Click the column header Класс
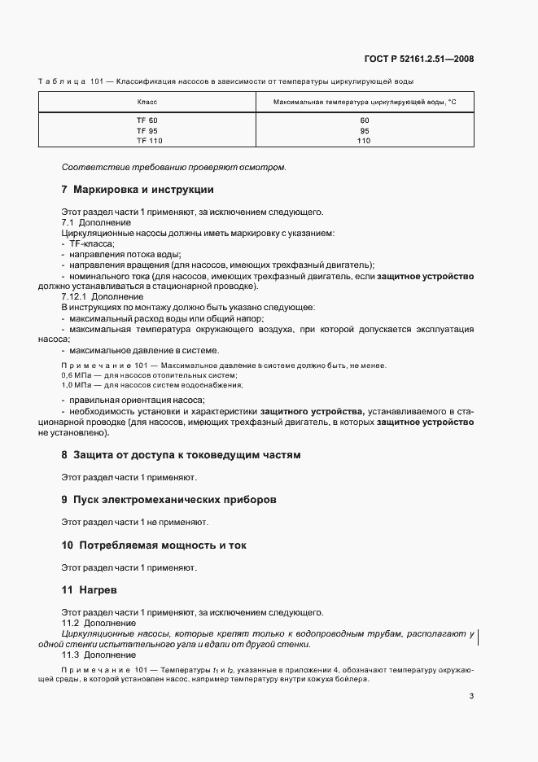click(x=147, y=103)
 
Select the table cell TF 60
click(x=147, y=120)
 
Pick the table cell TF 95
click(x=147, y=130)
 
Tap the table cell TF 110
click(x=147, y=140)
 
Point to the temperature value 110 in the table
click(x=364, y=140)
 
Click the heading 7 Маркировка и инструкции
click(x=138, y=190)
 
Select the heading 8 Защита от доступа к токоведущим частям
click(x=181, y=455)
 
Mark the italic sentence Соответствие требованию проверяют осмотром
click(x=174, y=167)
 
